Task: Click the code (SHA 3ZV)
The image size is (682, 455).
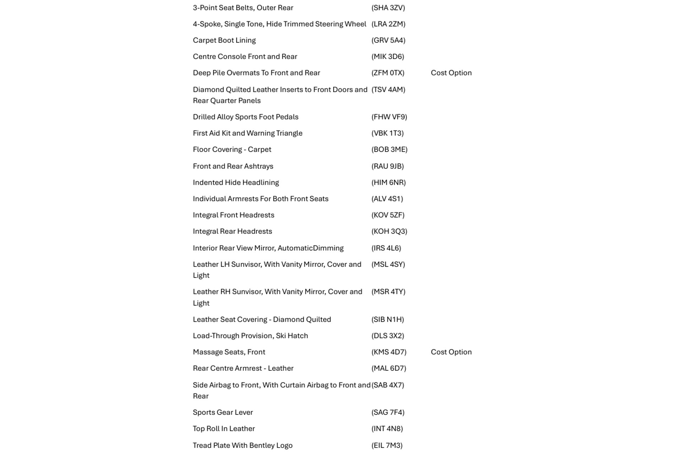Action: [388, 8]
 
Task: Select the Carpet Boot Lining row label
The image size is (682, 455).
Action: [224, 41]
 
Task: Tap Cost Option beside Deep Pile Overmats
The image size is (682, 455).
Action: [451, 73]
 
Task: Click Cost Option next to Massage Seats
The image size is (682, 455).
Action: [451, 352]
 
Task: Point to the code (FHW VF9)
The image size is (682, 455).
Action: [389, 117]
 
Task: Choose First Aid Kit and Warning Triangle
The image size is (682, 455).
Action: [248, 133]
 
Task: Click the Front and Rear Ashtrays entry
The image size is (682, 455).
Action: [233, 166]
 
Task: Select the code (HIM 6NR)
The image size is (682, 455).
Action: [388, 183]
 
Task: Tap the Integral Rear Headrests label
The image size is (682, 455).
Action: [232, 231]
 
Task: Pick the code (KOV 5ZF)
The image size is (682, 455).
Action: [388, 215]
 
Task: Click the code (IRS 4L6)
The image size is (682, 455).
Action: [386, 248]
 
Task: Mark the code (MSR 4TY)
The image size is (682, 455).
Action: [388, 292]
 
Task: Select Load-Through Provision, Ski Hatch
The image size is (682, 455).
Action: [250, 336]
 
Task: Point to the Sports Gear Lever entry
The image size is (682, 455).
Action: [223, 412]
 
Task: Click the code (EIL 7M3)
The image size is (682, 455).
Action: [387, 445]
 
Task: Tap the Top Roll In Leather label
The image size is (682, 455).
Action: [224, 429]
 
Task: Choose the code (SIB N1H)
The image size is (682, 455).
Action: [388, 320]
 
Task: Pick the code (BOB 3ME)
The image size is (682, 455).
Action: [389, 150]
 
